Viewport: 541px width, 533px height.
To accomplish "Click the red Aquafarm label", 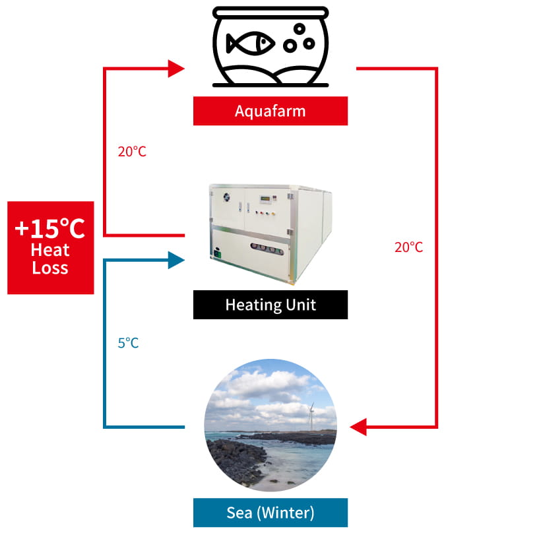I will coord(270,111).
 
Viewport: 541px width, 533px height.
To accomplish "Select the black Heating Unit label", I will coord(270,305).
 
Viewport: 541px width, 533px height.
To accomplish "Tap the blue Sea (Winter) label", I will coord(270,512).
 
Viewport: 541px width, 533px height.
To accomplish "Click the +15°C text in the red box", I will coord(50,229).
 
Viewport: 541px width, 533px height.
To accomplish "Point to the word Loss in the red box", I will coord(50,268).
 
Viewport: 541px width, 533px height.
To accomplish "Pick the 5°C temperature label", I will coord(128,343).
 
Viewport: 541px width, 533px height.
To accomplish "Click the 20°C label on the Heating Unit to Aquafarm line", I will coord(132,152).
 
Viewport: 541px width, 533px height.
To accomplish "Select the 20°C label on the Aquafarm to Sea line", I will coord(408,247).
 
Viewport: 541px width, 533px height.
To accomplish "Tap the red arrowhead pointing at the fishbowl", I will coord(176,68).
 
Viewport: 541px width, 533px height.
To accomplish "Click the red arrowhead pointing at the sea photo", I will coord(358,427).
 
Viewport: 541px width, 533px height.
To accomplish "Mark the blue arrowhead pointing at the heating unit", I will coord(176,260).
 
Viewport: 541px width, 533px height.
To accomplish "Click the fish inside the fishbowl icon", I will coord(250,44).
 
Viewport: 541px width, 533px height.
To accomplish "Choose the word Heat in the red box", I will coord(50,251).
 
